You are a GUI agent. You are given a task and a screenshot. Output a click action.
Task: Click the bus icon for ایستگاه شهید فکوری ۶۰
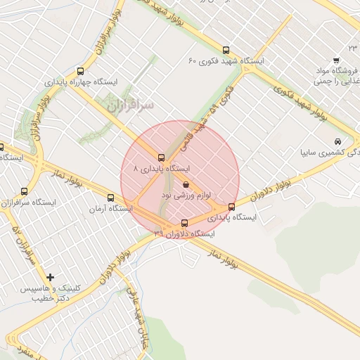pyautogui.click(x=226, y=50)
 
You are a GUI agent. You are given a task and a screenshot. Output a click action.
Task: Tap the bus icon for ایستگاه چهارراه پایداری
pyautogui.click(x=80, y=71)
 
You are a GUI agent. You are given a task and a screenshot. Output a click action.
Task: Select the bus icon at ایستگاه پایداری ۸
pyautogui.click(x=162, y=157)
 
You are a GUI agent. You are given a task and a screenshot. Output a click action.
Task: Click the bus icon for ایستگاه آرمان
pyautogui.click(x=110, y=198)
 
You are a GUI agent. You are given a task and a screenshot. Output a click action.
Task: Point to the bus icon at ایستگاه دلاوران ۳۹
pyautogui.click(x=185, y=223)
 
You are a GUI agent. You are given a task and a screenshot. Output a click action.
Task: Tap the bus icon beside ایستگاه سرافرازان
pyautogui.click(x=25, y=191)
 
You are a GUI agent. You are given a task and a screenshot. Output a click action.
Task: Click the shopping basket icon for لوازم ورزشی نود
pyautogui.click(x=186, y=185)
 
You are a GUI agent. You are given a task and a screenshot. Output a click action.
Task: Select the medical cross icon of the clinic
pyautogui.click(x=50, y=277)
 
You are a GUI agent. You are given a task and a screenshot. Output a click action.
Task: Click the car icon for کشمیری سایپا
pyautogui.click(x=338, y=141)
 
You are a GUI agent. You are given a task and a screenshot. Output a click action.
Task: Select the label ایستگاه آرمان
pyautogui.click(x=111, y=209)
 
